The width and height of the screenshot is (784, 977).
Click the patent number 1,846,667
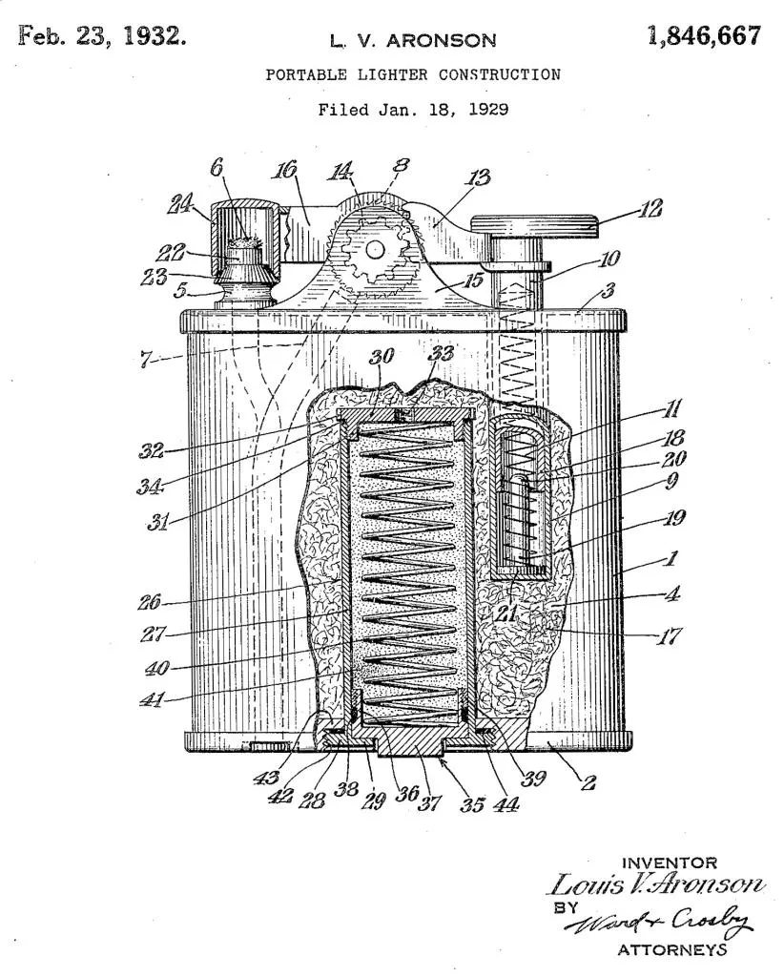coord(704,37)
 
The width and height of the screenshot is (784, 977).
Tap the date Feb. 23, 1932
coord(102,36)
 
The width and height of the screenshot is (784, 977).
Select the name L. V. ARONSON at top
coord(413,41)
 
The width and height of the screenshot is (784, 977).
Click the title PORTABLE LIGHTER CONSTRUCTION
coord(413,74)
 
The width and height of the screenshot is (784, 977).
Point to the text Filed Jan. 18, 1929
coord(413,110)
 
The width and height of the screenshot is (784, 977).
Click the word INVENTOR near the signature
coord(670,863)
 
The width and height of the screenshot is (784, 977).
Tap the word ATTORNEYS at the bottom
coord(671,949)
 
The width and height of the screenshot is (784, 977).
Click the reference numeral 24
coord(181,204)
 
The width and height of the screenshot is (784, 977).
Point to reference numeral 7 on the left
coord(145,360)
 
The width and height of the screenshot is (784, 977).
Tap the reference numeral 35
coord(472,804)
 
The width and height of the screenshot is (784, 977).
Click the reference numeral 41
coord(152,700)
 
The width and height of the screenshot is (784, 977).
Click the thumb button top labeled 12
coord(535,225)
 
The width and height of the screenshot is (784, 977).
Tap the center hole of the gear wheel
coord(374,250)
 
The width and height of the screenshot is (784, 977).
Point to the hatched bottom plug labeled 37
coord(412,741)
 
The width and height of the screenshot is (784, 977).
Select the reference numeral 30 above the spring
coord(382,357)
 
